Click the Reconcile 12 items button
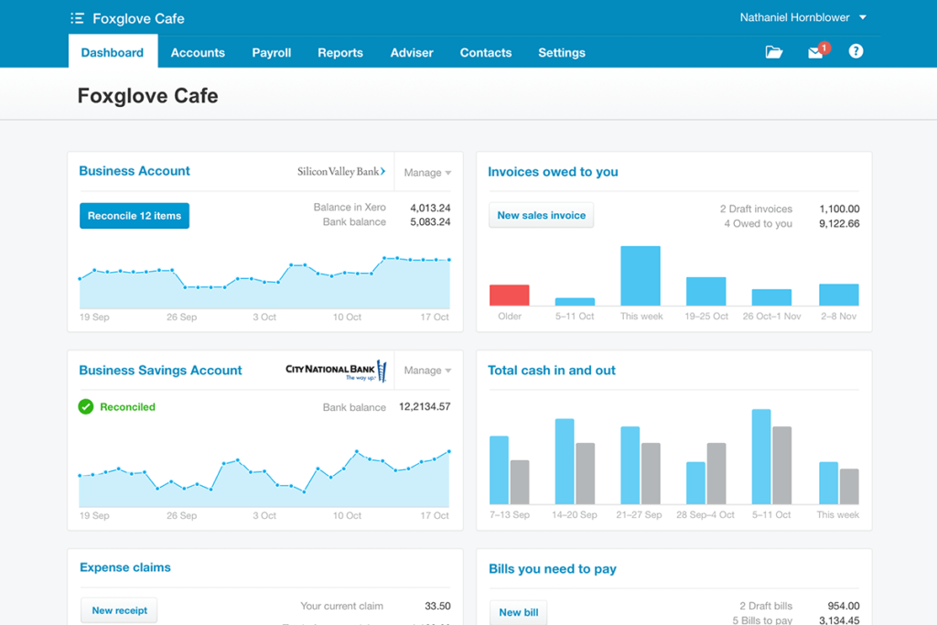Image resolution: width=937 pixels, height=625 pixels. coord(135,216)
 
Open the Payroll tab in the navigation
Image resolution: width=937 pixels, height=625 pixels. coord(272,53)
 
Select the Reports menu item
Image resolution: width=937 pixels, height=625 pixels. coord(340,53)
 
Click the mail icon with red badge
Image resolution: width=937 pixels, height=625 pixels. coord(816,52)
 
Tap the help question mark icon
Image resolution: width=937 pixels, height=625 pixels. coord(856,52)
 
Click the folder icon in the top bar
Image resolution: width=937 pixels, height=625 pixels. coord(774,53)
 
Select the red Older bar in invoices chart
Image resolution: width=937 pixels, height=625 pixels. coord(510,295)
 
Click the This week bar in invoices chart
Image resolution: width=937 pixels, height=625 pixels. coord(641,275)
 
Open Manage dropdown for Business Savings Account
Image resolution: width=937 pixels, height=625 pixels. coord(427,371)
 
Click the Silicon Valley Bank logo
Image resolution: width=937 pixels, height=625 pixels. coord(341,171)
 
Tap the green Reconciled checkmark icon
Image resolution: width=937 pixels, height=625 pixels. coord(86,406)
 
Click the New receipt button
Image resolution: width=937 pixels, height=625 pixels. coord(119,610)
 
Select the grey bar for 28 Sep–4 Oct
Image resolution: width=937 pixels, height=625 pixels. coord(716,473)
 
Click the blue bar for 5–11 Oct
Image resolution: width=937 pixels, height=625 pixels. coord(761,456)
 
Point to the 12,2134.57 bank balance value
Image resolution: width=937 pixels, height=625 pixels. coord(425,406)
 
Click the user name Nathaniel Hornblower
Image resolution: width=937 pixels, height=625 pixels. coord(794,17)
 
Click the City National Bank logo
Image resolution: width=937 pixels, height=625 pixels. coord(336,371)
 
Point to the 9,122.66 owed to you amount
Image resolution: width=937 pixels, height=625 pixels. coord(839,223)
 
